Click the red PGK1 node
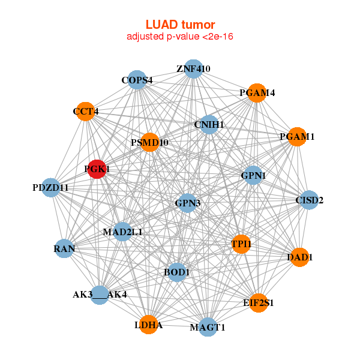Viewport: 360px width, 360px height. tap(96, 170)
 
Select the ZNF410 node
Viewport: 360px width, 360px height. tap(193, 68)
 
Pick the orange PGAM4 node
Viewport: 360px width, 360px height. tap(257, 93)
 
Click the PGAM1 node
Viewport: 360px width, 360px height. tap(297, 137)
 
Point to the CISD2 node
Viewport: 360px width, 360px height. tap(308, 200)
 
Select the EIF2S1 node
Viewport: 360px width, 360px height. tap(259, 303)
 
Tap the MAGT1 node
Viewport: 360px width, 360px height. tap(208, 327)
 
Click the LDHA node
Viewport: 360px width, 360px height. tap(148, 325)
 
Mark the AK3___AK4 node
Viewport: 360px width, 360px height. tap(100, 295)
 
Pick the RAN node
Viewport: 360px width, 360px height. tap(64, 248)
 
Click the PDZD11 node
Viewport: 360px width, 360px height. tap(51, 188)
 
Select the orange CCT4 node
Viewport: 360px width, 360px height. tap(86, 112)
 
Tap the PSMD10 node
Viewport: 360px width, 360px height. tap(149, 143)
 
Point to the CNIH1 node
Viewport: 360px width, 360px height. tap(209, 125)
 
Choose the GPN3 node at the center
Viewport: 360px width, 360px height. tap(187, 203)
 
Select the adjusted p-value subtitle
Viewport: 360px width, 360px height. tap(180, 37)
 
